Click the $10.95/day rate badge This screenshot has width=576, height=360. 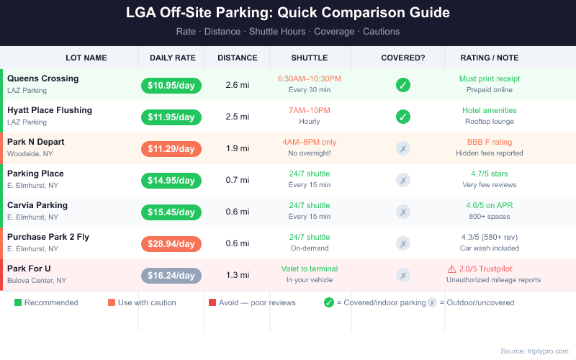pos(171,85)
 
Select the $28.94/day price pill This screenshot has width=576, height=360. pos(171,244)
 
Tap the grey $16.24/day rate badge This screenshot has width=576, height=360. pos(171,276)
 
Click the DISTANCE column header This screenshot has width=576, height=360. pos(238,58)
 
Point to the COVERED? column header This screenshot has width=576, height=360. pos(403,58)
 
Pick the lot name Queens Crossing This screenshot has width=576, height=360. pos(42,78)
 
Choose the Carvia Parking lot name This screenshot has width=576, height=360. pos(37,205)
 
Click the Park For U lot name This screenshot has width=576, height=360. pos(29,269)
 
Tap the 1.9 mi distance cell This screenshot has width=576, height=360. pos(238,148)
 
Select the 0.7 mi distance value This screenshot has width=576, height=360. pos(238,180)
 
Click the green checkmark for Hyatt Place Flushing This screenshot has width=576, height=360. pos(403,117)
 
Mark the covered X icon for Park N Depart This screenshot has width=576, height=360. pos(403,148)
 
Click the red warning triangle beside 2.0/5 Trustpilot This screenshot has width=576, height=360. pos(451,269)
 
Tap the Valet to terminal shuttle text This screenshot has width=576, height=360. pos(309,269)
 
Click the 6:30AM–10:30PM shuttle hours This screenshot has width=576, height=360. pos(309,78)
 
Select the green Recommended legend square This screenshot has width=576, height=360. pos(18,302)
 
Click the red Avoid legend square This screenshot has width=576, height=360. pos(212,302)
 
